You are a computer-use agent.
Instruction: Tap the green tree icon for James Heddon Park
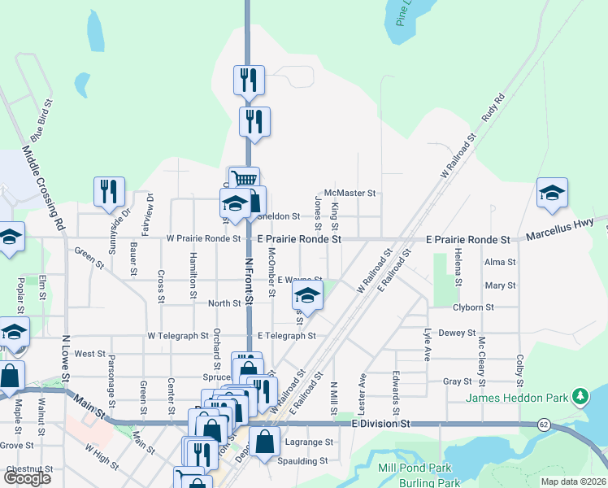pos(580,397)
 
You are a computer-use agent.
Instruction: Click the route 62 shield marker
pos(543,425)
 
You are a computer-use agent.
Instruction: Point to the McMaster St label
pos(350,194)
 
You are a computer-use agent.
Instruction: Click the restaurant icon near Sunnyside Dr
pos(109,191)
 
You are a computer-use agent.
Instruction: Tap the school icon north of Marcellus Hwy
pos(552,192)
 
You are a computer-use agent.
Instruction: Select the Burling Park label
pos(410,482)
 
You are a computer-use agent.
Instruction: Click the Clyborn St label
pos(473,307)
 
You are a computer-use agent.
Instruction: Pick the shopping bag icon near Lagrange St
pos(265,442)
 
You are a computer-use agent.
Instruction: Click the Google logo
pos(27,478)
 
